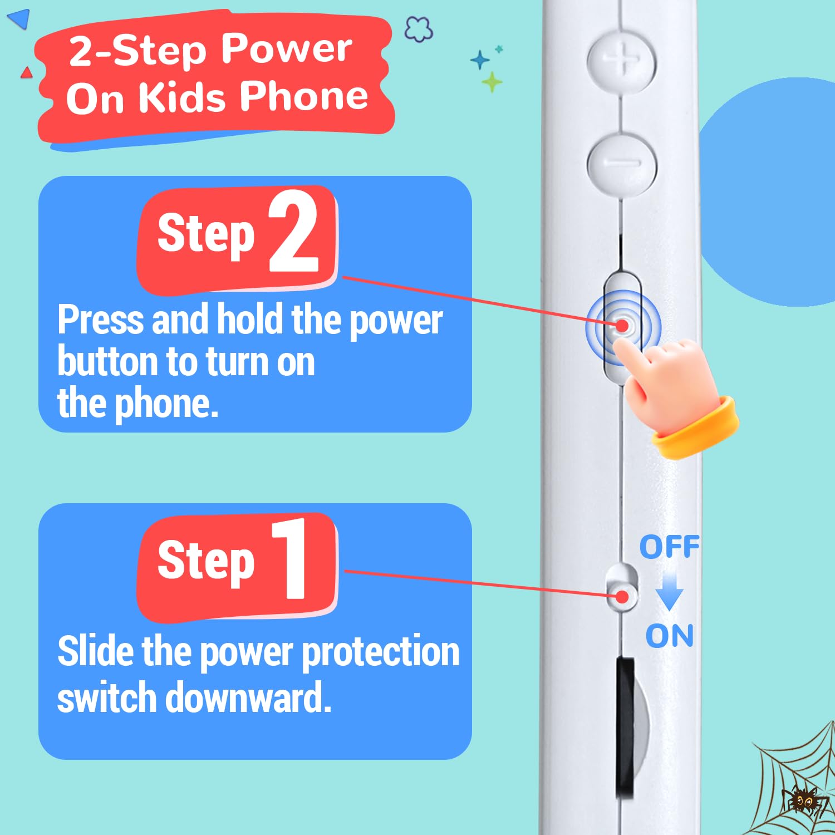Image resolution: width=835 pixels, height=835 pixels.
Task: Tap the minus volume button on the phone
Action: pyautogui.click(x=622, y=163)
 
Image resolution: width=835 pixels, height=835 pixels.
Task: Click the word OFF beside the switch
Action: pyautogui.click(x=669, y=547)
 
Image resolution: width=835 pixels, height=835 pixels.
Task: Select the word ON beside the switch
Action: pyautogui.click(x=670, y=636)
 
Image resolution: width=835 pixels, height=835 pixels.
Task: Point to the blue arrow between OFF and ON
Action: pyautogui.click(x=669, y=592)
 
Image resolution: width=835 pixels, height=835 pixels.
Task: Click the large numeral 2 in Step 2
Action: pyautogui.click(x=293, y=231)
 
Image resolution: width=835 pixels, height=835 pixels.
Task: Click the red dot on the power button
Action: pyautogui.click(x=622, y=326)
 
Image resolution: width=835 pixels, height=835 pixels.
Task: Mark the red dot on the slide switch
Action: pyautogui.click(x=622, y=597)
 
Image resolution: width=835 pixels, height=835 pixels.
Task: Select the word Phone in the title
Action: pyautogui.click(x=304, y=96)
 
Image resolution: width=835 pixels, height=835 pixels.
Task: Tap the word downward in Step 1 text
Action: pyautogui.click(x=249, y=697)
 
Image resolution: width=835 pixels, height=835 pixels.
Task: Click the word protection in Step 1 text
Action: pyautogui.click(x=381, y=653)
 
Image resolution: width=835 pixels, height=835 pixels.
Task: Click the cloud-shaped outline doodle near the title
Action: pyautogui.click(x=418, y=29)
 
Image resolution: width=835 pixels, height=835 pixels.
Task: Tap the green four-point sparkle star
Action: pyautogui.click(x=492, y=82)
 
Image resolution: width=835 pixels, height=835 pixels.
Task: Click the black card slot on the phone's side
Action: pyautogui.click(x=625, y=728)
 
